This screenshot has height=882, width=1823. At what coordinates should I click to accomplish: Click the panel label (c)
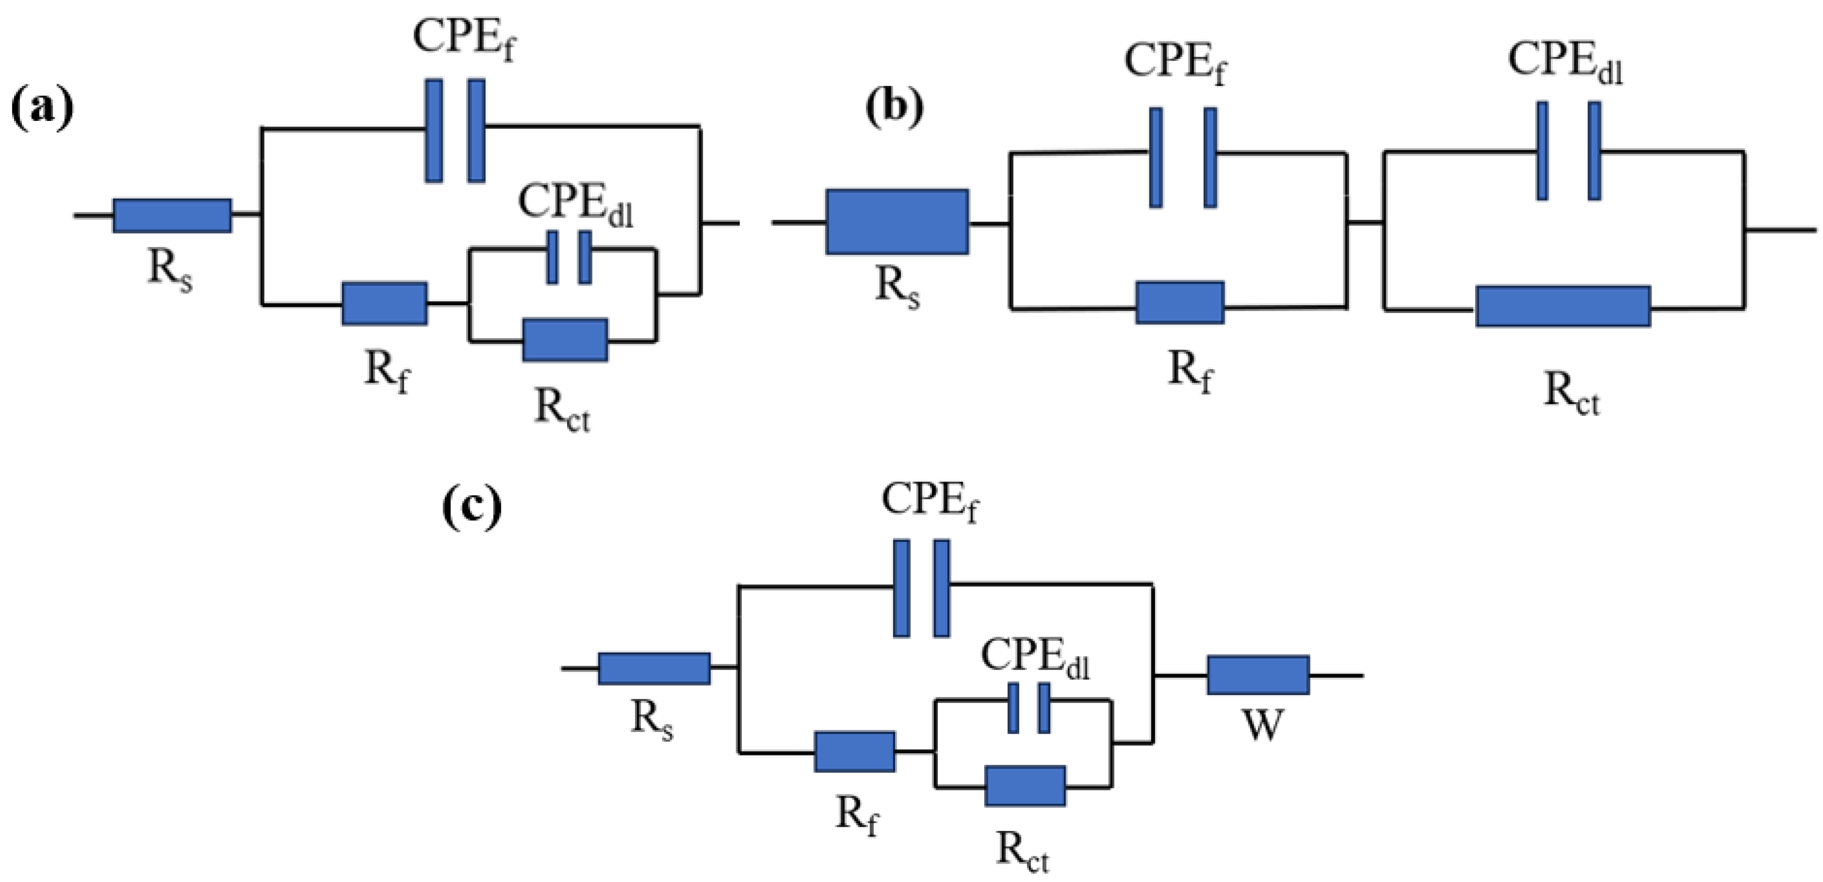(x=472, y=508)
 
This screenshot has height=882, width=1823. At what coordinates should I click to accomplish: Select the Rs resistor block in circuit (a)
(x=172, y=216)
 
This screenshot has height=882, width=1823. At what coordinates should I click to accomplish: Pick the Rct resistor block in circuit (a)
(x=565, y=340)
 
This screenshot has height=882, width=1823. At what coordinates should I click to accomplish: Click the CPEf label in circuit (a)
(x=463, y=37)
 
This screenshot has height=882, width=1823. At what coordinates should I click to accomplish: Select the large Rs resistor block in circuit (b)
(x=897, y=221)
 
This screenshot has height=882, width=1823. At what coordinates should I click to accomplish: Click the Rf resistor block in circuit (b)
(x=1180, y=303)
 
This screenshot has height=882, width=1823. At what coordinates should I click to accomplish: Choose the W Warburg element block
(x=1257, y=675)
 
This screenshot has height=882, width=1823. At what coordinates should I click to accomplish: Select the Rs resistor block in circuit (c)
(x=654, y=668)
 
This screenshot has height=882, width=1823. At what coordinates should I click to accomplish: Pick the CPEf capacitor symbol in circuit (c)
(x=922, y=589)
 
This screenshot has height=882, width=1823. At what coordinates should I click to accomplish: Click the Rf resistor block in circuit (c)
(x=855, y=752)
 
